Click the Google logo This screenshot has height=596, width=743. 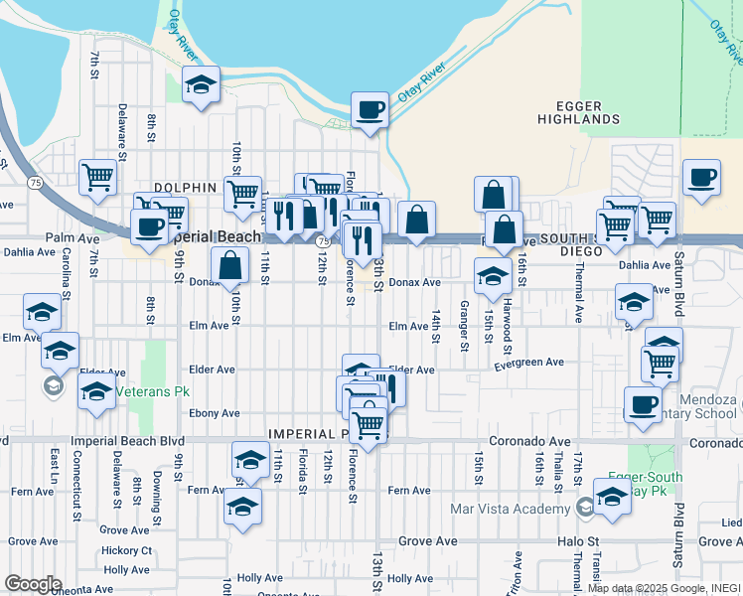click(x=32, y=583)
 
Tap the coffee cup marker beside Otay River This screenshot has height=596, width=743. click(x=371, y=110)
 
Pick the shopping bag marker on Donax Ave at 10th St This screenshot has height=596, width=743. click(x=229, y=266)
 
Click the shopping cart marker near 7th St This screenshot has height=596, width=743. click(x=98, y=179)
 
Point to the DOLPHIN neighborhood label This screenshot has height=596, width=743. click(x=185, y=187)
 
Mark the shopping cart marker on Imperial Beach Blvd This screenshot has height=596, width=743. click(x=369, y=424)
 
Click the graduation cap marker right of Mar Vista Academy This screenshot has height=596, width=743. click(x=612, y=498)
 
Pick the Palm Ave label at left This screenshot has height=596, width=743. click(x=73, y=238)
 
